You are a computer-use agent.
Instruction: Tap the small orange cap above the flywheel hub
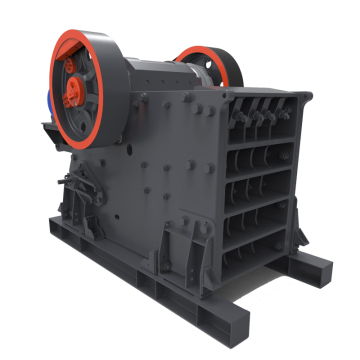72,62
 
